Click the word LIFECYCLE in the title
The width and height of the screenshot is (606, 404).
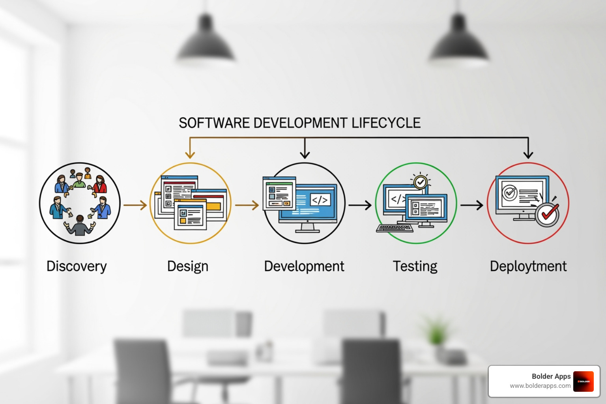[386, 123]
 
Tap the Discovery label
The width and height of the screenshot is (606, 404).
[77, 266]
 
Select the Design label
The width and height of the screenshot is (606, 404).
[188, 266]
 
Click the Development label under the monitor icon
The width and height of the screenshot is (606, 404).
[304, 266]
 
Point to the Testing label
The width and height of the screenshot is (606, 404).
[415, 266]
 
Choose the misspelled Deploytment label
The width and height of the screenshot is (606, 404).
[528, 266]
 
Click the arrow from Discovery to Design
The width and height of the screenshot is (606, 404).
[135, 205]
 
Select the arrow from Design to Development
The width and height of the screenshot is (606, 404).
[247, 205]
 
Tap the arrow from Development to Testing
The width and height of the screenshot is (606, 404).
[360, 205]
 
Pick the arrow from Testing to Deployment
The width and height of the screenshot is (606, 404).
[472, 205]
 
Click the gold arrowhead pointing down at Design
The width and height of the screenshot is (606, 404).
[190, 154]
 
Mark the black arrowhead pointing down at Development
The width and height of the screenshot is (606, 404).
[305, 154]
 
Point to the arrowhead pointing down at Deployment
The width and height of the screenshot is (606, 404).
[528, 154]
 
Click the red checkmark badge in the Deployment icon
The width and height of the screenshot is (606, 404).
[547, 214]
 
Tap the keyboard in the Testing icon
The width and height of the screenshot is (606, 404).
[395, 228]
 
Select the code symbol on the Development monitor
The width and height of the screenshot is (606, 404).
[320, 200]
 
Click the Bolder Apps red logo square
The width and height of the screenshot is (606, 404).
[584, 382]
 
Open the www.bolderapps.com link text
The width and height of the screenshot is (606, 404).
[540, 386]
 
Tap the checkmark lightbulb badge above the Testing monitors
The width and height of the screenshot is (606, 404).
[421, 182]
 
